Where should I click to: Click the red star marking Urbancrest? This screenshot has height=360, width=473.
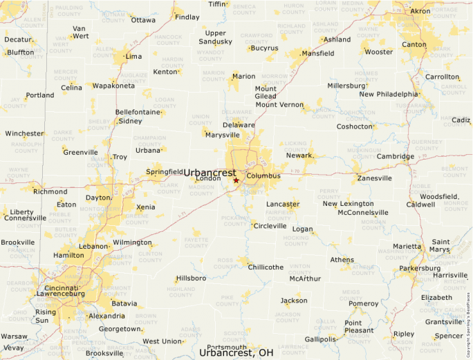[x=236, y=180]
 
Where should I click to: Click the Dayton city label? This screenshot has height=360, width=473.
[x=98, y=198]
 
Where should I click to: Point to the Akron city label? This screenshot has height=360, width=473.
[x=420, y=11]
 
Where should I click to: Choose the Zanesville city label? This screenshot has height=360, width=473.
[x=374, y=178]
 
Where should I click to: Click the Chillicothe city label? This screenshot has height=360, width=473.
[x=266, y=267]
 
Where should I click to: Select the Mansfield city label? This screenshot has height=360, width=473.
[x=317, y=53]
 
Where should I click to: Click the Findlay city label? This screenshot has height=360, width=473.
[x=187, y=17]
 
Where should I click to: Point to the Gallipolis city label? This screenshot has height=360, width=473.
[x=320, y=339]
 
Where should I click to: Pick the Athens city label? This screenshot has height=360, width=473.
[x=342, y=260]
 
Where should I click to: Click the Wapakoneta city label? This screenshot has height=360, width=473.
[x=114, y=86]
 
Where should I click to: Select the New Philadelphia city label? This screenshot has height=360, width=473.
[x=388, y=94]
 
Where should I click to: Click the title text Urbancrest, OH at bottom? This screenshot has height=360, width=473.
[x=236, y=352]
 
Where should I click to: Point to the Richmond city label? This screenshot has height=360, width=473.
[x=50, y=191]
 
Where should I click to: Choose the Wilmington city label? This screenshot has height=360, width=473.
[x=132, y=243]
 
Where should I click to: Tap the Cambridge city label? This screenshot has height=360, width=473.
[x=396, y=156]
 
